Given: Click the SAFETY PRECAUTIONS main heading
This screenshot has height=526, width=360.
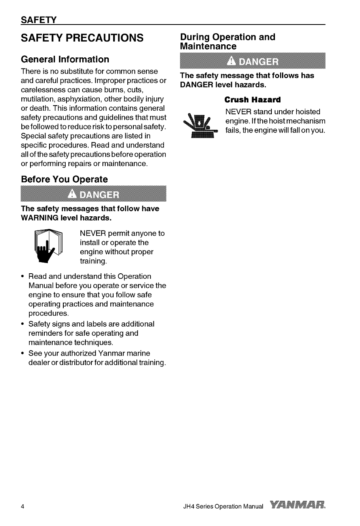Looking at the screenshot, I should (x=82, y=38).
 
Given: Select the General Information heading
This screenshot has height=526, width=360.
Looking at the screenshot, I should (x=65, y=60).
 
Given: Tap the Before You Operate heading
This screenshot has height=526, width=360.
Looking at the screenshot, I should (x=64, y=179).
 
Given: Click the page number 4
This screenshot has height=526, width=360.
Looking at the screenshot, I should (x=23, y=507).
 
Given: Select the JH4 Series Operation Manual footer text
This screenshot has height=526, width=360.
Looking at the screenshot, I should (x=221, y=507).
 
